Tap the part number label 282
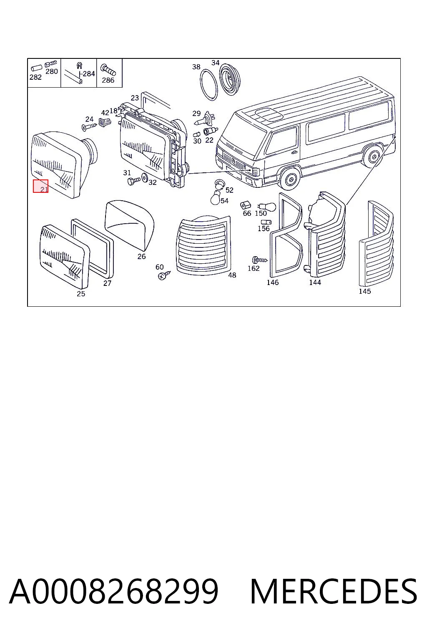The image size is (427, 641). pos(35,77)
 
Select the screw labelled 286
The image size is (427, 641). pos(108,70)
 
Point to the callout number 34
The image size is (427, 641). pos(215,62)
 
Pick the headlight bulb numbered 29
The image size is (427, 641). pos(204,119)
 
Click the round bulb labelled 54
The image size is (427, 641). pos(216,198)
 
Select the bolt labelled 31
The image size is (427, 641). pos(134,181)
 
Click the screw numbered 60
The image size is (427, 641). pos(164,275)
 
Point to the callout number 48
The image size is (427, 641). pos(232,275)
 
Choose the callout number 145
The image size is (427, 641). pos(364,291)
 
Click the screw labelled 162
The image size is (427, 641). pos(259,260)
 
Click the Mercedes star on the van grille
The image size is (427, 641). pos(234,161)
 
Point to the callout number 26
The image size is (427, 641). pos(142,256)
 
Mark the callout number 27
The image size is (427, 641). pos(107,283)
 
